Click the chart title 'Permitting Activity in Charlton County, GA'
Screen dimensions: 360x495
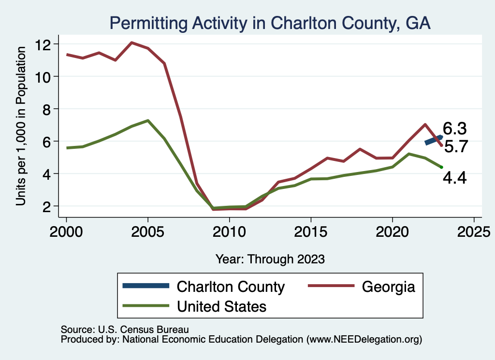tap(270, 23)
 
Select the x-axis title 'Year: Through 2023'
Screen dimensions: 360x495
tap(270, 259)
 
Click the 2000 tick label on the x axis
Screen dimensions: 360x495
tap(66, 230)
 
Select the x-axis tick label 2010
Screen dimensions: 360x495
tap(229, 230)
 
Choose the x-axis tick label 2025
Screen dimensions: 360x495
tap(474, 230)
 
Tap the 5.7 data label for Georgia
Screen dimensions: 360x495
tap(455, 146)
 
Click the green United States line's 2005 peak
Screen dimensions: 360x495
tap(147, 120)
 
